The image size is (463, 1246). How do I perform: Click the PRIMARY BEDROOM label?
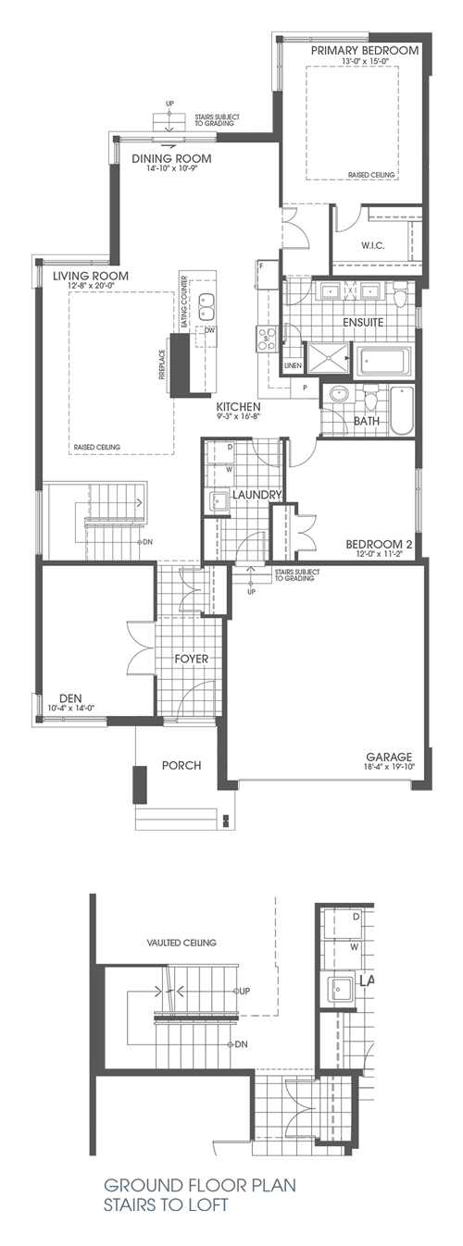[365, 51]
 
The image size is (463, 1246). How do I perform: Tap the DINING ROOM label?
[171, 158]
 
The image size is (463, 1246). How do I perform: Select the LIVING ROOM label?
[90, 276]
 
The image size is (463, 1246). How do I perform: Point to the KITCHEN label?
[238, 406]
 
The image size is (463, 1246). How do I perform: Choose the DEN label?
[71, 698]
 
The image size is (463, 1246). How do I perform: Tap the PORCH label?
[181, 765]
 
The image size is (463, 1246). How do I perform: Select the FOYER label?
[191, 659]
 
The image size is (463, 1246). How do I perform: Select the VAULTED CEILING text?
[181, 943]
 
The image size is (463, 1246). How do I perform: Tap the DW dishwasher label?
[211, 330]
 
